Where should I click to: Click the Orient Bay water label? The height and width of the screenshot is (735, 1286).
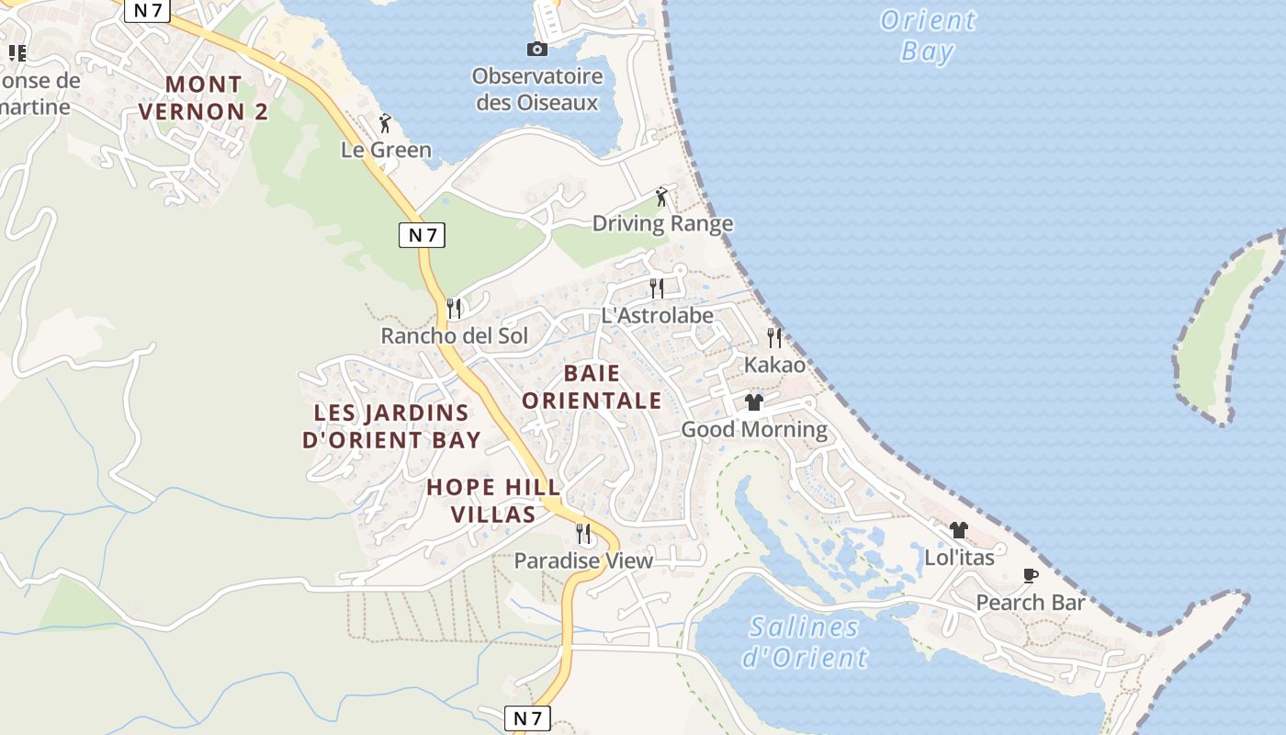[x=927, y=35]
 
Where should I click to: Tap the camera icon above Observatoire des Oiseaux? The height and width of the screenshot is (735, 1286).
[x=537, y=50]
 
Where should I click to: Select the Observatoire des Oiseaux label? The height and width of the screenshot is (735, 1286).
[x=537, y=89]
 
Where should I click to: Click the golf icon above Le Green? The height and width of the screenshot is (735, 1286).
[x=385, y=123]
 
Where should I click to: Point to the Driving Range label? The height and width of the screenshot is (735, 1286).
[x=662, y=223]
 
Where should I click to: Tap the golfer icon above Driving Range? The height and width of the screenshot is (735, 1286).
[x=661, y=197]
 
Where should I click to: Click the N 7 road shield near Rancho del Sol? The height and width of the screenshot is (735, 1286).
[x=423, y=234]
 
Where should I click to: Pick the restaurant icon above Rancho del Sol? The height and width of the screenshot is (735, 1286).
[x=454, y=309]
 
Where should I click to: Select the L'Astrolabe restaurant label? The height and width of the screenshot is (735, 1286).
[x=657, y=315]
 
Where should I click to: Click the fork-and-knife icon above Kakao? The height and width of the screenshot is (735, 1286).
[x=774, y=338]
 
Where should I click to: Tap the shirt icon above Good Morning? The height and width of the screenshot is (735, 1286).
[x=754, y=402]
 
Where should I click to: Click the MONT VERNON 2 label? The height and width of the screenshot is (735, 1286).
[x=203, y=98]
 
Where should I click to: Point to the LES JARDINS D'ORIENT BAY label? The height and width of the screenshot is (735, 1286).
[x=392, y=426]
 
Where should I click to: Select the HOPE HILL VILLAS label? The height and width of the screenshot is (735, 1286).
[x=493, y=501]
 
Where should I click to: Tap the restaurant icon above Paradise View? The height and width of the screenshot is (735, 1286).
[x=582, y=534]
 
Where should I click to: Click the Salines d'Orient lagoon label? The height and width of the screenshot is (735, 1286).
[x=804, y=642]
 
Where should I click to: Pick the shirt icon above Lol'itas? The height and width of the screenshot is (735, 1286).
[x=959, y=530]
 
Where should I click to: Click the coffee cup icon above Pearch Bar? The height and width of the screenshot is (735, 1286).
[x=1031, y=576]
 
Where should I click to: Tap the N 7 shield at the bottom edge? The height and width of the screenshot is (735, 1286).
[x=528, y=718]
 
